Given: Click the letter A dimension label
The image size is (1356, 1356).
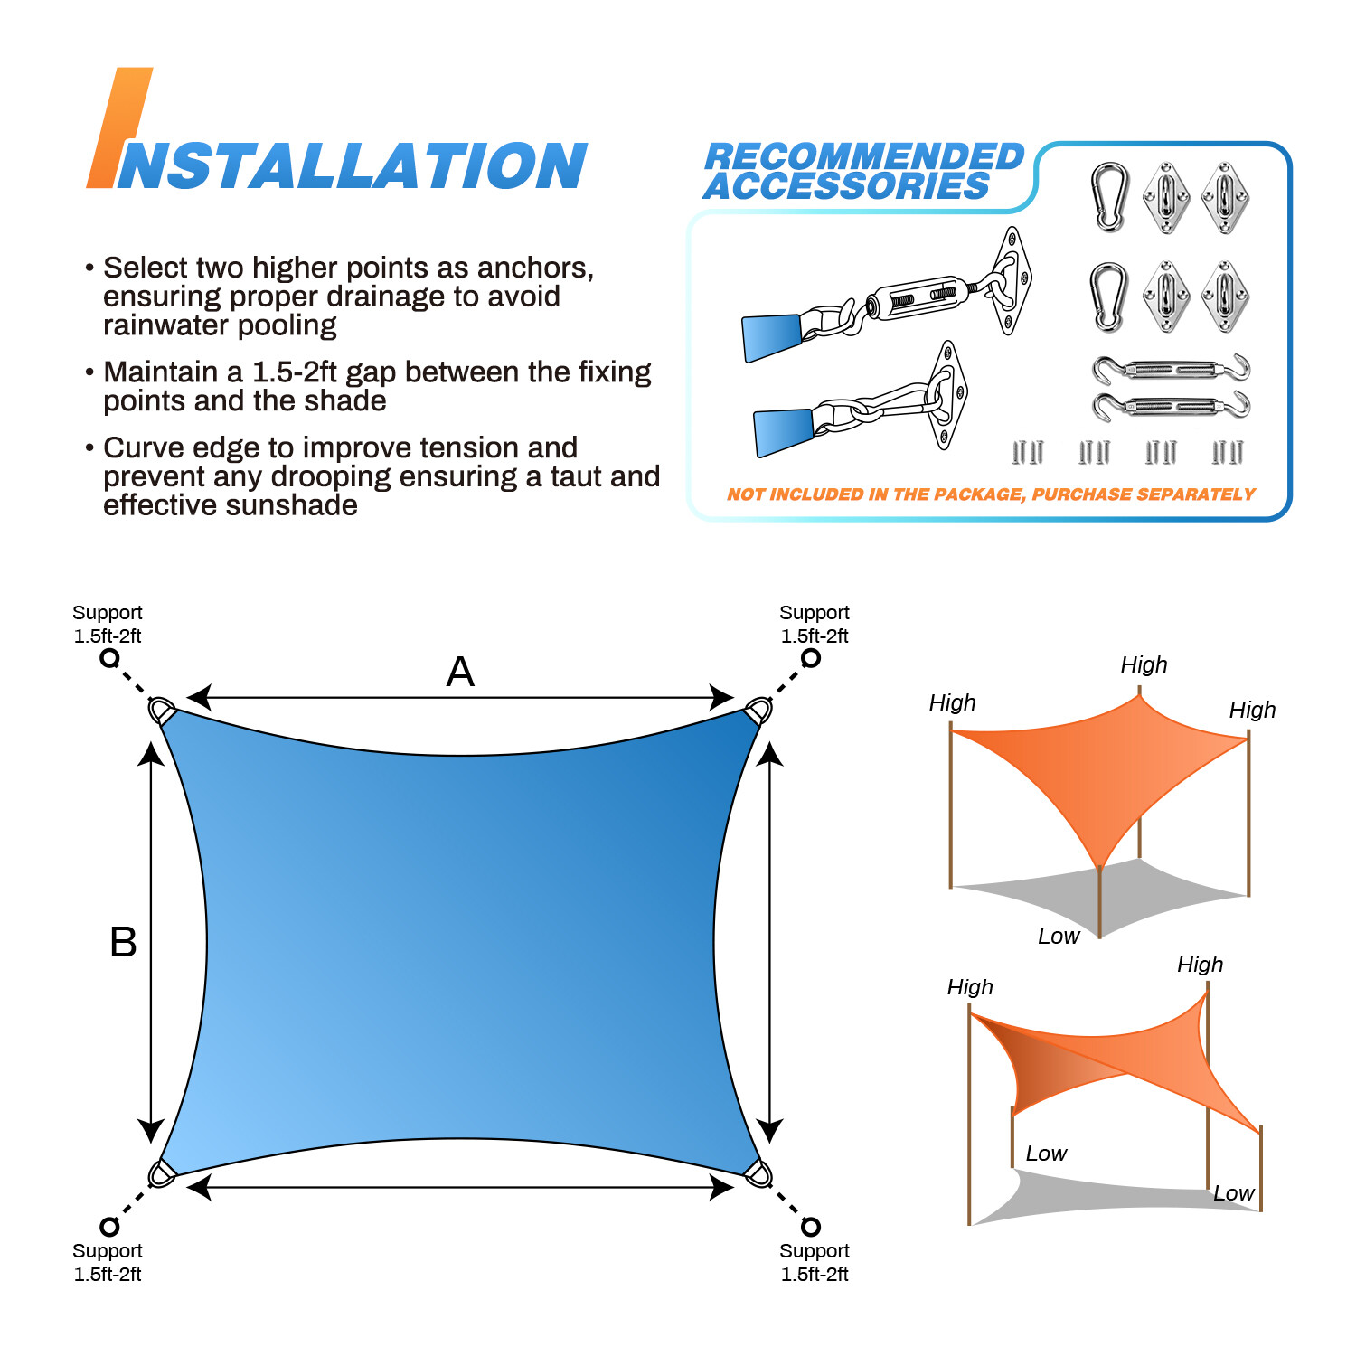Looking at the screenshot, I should tap(460, 673).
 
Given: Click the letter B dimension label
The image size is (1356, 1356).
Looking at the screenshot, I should tap(123, 943).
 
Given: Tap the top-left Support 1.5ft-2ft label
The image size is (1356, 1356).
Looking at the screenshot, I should tap(108, 624).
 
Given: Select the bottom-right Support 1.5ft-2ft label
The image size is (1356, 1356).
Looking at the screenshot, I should tap(815, 1262).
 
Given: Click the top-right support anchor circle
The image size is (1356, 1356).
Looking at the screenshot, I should tap(811, 658).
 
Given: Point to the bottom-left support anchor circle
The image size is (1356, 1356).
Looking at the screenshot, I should tap(109, 1226).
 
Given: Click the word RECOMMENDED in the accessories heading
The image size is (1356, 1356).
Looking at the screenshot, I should tap(864, 156).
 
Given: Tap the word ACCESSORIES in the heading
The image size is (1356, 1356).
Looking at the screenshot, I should tap(847, 186).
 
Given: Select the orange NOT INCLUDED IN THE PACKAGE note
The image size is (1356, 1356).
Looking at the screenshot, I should tap(991, 494).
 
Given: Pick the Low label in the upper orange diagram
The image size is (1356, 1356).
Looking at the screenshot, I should tap(1059, 937).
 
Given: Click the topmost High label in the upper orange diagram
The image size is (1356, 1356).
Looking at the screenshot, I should tap(1144, 665).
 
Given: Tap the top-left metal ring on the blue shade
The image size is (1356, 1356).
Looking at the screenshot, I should tap(162, 711).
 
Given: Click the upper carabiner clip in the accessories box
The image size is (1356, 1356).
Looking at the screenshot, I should tap(1109, 197).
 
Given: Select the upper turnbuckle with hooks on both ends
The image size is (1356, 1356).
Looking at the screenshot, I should tap(1172, 369).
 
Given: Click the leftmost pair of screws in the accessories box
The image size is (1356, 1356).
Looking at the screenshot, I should tap(1028, 452).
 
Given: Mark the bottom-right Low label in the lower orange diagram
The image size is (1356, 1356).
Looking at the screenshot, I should tap(1233, 1193).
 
